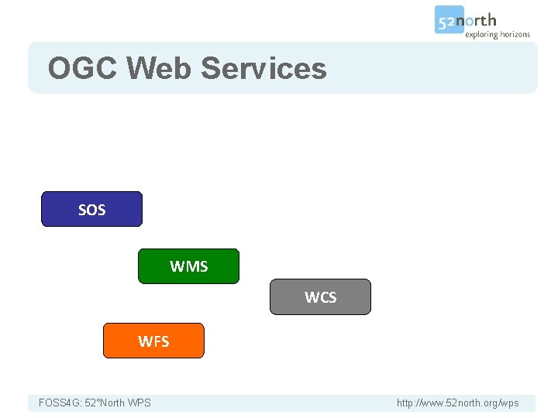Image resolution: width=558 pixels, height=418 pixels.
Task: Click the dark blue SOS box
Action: coord(91,209)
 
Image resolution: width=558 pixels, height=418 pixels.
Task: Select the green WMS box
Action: coord(188,266)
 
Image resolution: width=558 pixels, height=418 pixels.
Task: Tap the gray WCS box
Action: coord(320,297)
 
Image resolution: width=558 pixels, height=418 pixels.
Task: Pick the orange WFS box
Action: coord(153,341)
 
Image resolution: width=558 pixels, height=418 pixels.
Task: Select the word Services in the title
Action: coord(263,68)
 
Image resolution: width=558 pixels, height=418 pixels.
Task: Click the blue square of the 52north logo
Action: coord(449,20)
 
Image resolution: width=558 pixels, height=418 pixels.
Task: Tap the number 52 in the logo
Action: coord(447,22)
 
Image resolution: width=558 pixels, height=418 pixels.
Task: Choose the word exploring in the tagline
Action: coord(480,34)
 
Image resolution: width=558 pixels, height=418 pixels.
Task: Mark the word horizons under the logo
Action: coord(515,34)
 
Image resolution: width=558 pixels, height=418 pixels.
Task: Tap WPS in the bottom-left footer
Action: coord(140,403)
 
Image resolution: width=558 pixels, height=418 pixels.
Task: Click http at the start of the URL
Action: coord(405,403)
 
